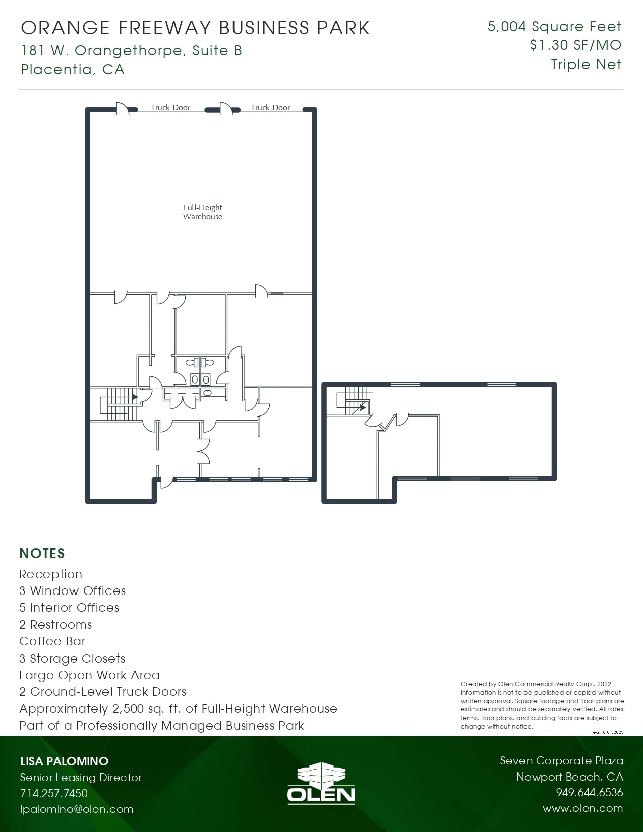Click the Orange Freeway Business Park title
tap(195, 28)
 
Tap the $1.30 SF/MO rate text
tap(575, 45)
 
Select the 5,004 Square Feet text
tap(554, 26)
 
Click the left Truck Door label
tap(170, 107)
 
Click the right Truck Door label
tap(270, 107)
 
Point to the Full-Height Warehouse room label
tap(203, 212)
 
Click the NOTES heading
tap(42, 553)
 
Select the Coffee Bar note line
tap(52, 641)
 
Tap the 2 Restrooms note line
tap(55, 625)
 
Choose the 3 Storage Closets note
tap(72, 658)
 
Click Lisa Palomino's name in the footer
tap(64, 761)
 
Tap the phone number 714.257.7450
tap(54, 793)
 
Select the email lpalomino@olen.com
tap(77, 809)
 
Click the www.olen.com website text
tap(582, 808)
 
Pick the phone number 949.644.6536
tap(589, 793)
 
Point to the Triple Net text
tap(586, 65)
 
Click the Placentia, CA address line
tap(73, 69)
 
